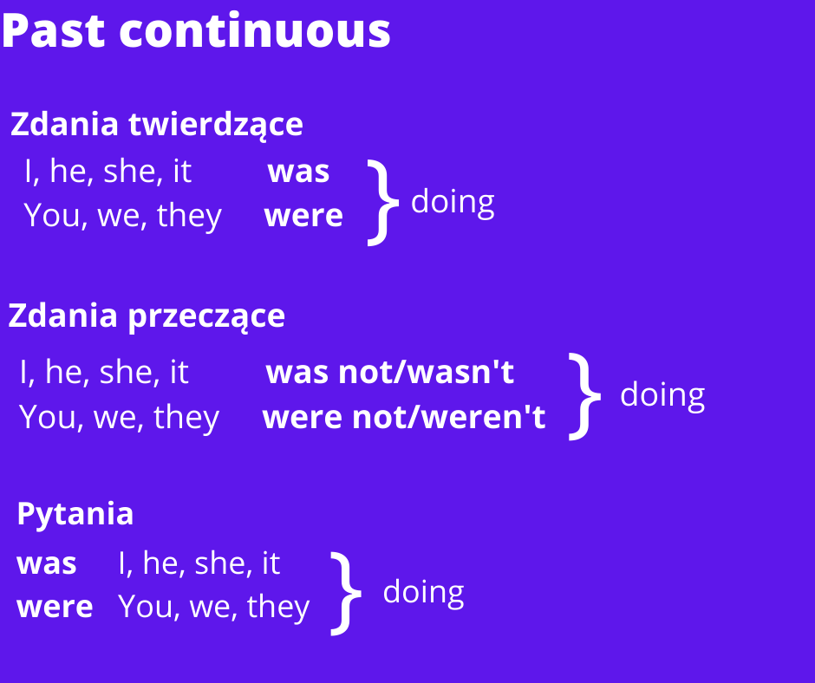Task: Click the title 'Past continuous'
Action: (196, 31)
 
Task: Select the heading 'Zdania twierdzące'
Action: (156, 126)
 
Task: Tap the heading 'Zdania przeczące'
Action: (147, 316)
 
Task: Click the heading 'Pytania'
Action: (75, 514)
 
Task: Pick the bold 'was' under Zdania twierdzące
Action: (299, 172)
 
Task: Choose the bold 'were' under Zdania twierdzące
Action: (303, 216)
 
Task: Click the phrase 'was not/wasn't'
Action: (390, 373)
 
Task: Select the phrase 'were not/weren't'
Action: (404, 418)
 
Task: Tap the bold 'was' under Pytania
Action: (47, 564)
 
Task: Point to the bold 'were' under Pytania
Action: (55, 607)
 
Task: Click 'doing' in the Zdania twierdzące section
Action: (453, 203)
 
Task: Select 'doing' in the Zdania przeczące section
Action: (662, 395)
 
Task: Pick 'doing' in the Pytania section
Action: (424, 593)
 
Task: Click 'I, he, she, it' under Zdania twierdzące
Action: (108, 171)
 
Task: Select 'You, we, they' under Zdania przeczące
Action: (120, 418)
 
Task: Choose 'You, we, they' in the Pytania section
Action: (213, 607)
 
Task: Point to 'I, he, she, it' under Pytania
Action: (199, 563)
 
